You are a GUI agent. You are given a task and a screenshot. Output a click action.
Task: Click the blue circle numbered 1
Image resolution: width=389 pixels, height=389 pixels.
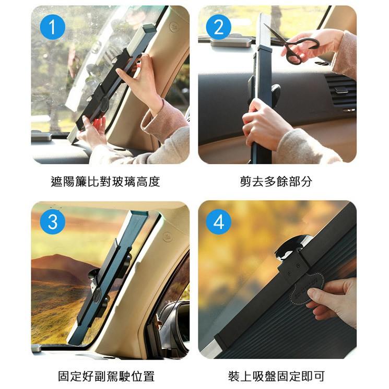click(52, 27)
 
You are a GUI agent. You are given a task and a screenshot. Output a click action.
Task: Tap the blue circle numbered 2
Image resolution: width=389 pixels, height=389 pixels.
click(219, 27)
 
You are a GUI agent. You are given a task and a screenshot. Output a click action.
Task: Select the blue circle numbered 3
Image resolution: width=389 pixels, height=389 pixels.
click(52, 222)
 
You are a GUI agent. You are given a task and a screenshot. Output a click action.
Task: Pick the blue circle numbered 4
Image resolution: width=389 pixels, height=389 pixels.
click(219, 222)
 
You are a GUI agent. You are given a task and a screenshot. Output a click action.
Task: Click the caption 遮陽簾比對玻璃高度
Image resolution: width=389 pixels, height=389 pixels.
click(105, 182)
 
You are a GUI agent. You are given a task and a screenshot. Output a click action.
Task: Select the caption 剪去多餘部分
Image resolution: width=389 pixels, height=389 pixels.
click(276, 182)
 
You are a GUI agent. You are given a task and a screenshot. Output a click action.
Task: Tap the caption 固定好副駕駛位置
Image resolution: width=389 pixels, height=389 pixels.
click(106, 376)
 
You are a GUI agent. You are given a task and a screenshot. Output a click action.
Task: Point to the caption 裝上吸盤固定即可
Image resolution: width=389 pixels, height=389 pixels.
click(276, 376)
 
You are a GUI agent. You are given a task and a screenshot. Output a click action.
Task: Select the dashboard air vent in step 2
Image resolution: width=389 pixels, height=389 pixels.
click(340, 90)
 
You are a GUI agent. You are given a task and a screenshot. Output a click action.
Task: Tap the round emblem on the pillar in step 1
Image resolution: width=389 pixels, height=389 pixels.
click(174, 27)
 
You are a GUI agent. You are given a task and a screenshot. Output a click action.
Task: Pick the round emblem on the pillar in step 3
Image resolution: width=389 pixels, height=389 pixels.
click(168, 237)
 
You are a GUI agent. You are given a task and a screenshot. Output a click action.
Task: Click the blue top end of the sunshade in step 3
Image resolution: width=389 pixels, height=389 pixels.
click(139, 215)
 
